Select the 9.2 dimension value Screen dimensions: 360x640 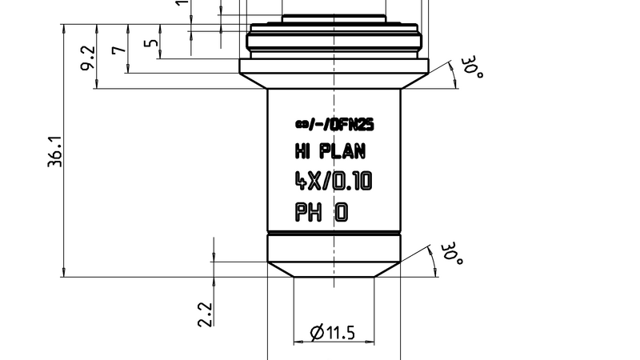tap(87, 57)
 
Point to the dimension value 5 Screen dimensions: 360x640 tap(150, 42)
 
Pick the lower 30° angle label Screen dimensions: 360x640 tap(452, 254)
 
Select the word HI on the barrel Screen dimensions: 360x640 tap(302, 151)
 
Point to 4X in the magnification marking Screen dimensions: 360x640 tap(306, 182)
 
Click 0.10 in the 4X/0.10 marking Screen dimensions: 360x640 tap(352, 182)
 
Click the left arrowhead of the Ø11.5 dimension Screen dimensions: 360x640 tap(298, 342)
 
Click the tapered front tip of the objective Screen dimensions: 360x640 tap(334, 268)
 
